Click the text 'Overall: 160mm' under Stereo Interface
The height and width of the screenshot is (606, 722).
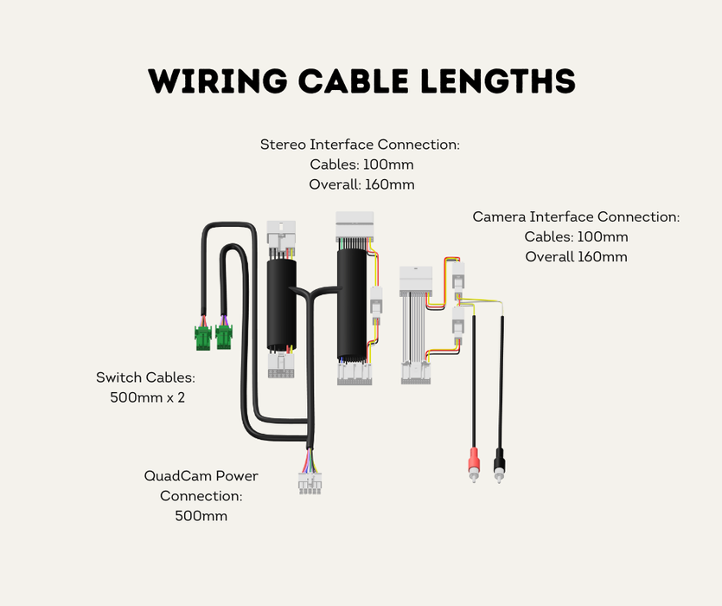click(x=361, y=184)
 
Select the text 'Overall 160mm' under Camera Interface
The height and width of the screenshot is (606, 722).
click(x=576, y=256)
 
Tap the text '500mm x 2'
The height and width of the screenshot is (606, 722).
click(x=147, y=398)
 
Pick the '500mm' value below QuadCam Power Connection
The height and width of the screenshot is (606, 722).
click(x=201, y=516)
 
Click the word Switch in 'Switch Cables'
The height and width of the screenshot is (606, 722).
click(x=118, y=377)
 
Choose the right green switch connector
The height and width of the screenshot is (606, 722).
click(x=224, y=337)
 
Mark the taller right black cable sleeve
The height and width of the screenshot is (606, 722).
click(x=353, y=303)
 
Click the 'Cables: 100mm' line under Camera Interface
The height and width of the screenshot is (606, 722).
click(x=576, y=236)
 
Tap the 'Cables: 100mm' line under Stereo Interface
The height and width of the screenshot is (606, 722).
click(x=361, y=164)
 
